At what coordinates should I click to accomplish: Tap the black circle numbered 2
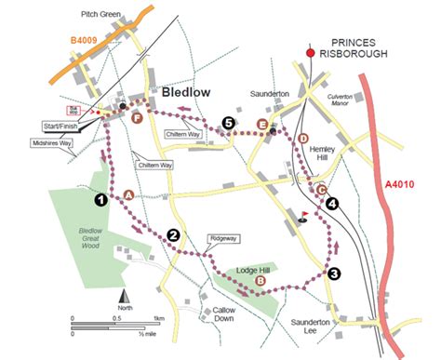tap(172, 234)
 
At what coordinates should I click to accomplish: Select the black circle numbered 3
tap(334, 273)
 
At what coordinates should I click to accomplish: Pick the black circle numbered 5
tap(228, 123)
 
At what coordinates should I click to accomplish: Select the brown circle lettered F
tap(137, 118)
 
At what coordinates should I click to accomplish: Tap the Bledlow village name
tap(191, 94)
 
